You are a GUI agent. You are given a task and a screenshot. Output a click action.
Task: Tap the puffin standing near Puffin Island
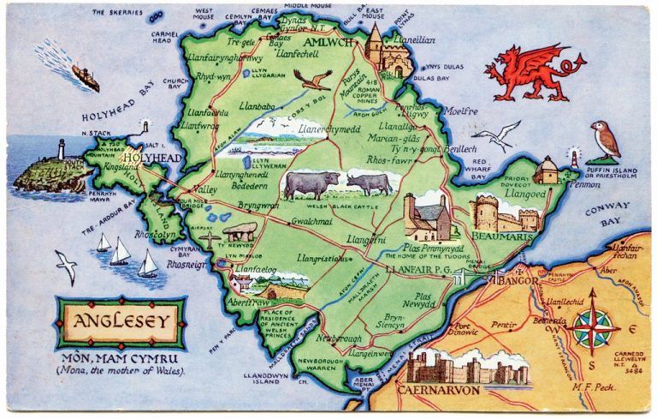[605, 141]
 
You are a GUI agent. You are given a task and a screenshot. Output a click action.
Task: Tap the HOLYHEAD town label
[151, 159]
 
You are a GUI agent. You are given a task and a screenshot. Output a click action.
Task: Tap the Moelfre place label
[463, 111]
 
